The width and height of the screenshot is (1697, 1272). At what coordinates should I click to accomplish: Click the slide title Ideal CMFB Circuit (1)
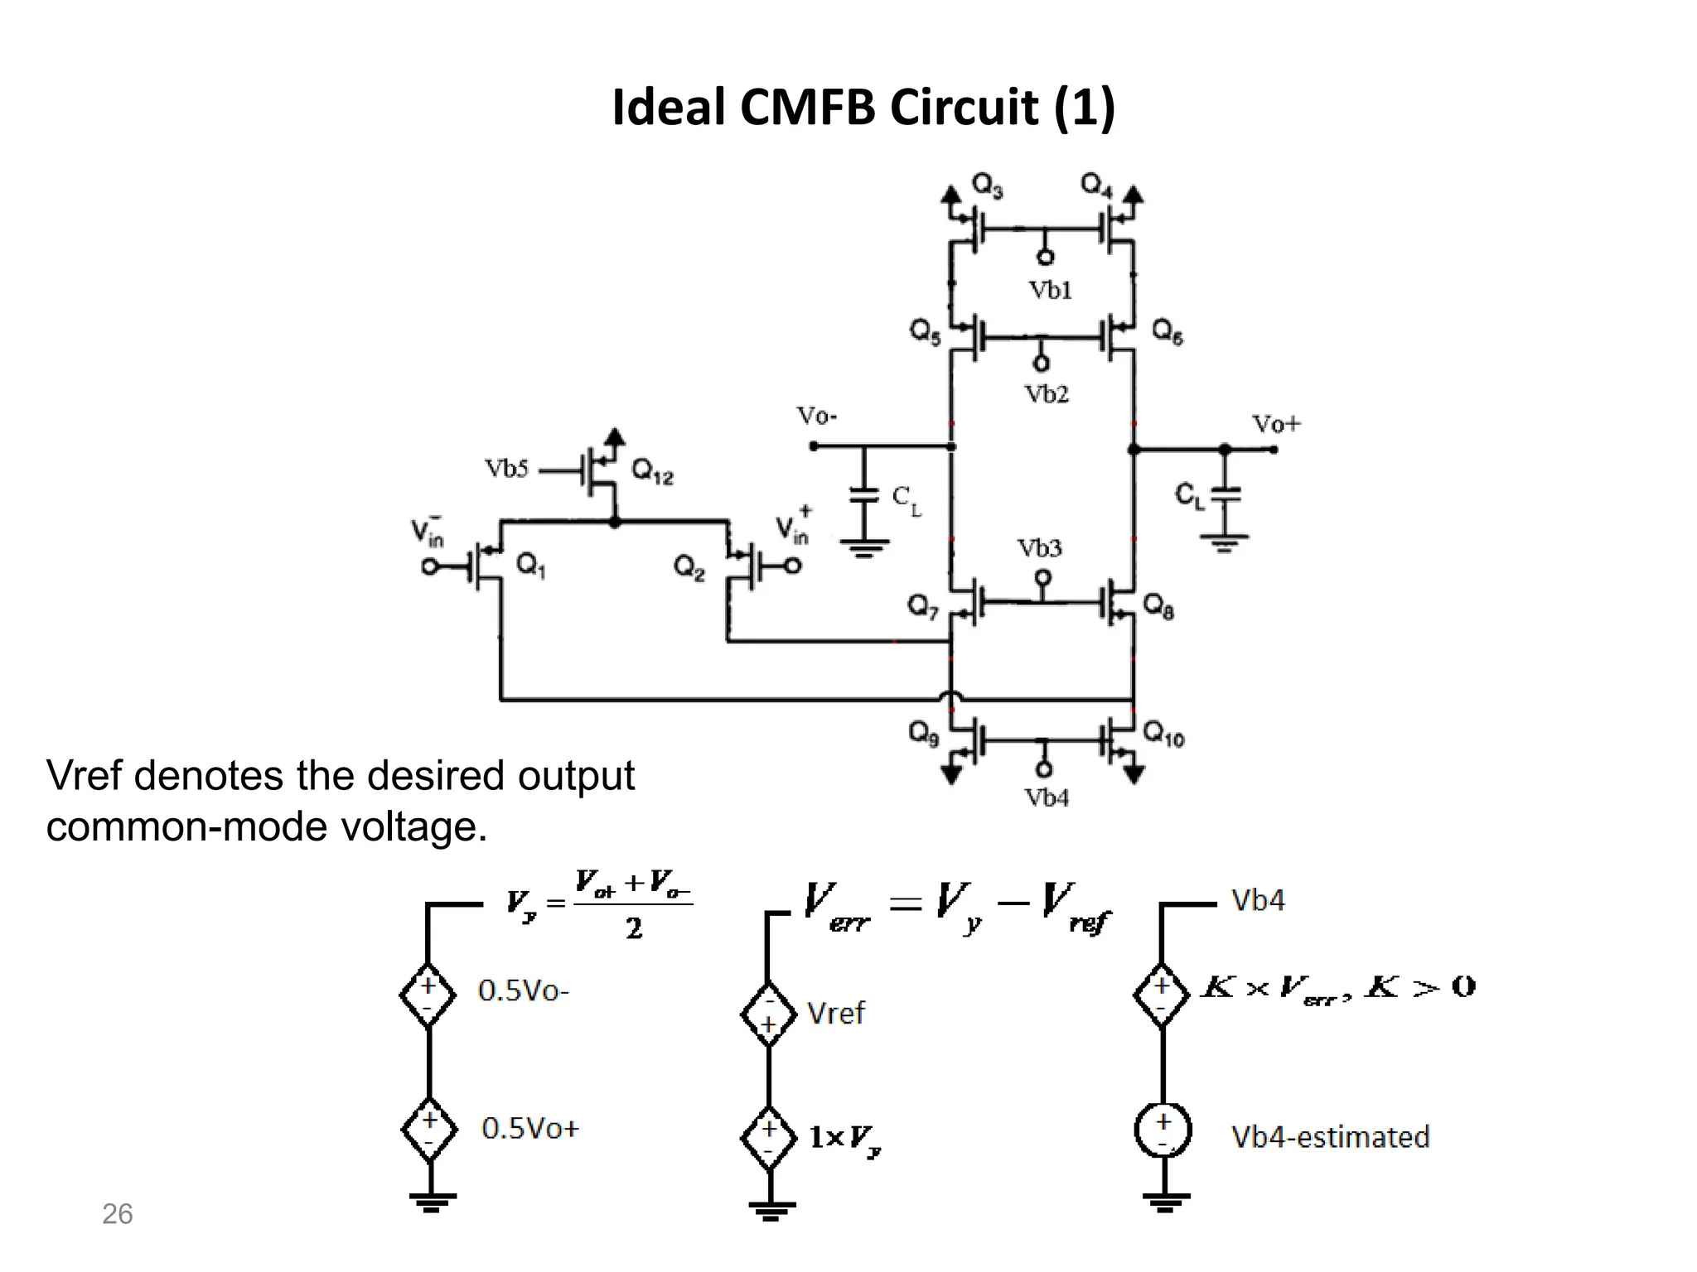point(863,108)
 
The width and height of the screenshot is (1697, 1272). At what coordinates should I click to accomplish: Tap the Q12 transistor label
point(652,473)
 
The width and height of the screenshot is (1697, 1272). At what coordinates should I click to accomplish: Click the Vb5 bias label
point(506,470)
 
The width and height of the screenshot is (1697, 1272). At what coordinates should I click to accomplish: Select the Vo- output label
point(816,416)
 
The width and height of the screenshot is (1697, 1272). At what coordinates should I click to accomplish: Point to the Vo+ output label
point(1276,425)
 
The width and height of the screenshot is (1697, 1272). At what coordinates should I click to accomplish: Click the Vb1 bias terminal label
point(1050,290)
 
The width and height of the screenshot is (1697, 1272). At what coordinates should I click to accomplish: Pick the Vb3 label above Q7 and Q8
point(1039,548)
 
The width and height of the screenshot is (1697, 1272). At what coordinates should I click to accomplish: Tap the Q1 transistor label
point(531,566)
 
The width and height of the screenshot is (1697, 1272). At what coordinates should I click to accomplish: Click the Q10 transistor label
point(1163,734)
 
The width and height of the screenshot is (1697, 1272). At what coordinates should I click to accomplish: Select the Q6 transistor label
point(1167,332)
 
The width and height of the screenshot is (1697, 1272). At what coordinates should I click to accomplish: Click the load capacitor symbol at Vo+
point(1226,494)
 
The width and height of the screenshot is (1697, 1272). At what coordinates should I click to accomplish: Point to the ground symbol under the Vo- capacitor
point(864,548)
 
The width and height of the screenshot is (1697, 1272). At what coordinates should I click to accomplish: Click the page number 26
point(117,1214)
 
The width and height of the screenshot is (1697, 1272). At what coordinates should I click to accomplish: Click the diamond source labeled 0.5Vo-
point(428,995)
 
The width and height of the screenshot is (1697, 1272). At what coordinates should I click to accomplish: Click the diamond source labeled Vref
point(768,1014)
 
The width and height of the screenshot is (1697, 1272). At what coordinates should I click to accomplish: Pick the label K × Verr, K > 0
point(1337,988)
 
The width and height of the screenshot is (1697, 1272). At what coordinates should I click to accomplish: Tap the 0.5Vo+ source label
point(530,1129)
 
